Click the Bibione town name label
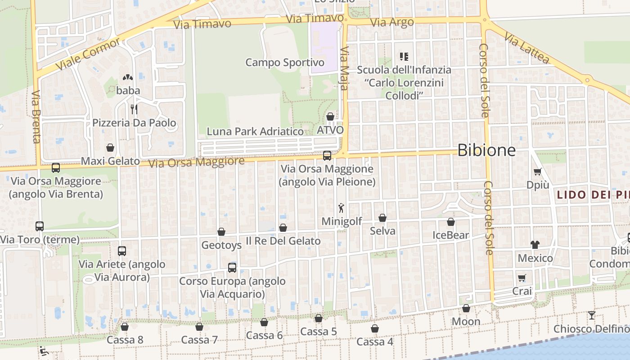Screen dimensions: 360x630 (486, 150)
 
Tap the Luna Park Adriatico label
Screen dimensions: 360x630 (255, 131)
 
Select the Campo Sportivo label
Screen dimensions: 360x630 (285, 63)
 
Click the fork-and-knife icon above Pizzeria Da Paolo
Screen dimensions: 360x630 (134, 109)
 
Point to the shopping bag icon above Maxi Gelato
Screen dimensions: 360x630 (110, 148)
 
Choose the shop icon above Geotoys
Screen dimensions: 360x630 (221, 232)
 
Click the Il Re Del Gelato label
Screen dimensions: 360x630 (283, 241)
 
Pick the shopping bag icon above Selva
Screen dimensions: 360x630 (382, 218)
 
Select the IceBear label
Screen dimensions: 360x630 (450, 235)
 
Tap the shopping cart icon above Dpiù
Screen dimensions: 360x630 (537, 171)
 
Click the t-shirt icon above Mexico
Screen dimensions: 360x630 (535, 244)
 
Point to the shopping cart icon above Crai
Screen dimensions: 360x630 (522, 278)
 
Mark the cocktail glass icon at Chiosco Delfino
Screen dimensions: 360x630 (592, 315)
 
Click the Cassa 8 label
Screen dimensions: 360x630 (125, 340)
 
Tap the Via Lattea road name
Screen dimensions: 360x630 (527, 47)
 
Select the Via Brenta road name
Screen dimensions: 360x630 (36, 117)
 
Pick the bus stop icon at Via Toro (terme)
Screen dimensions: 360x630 (40, 226)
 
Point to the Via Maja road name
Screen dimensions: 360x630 (345, 68)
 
